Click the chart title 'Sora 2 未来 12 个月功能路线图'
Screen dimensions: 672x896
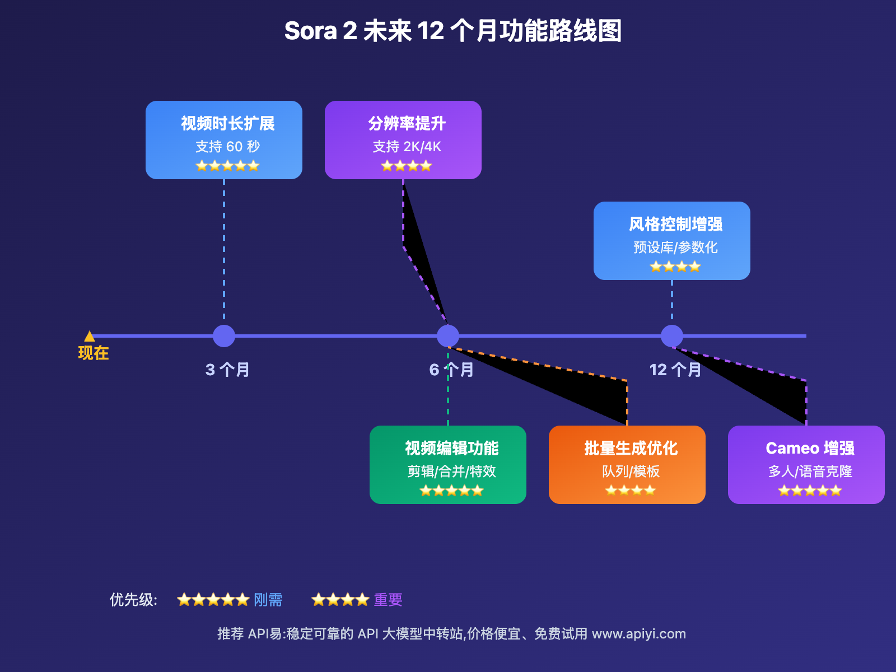(452, 31)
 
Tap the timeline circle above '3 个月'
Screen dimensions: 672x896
(224, 336)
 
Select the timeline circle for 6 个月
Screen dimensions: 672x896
(448, 336)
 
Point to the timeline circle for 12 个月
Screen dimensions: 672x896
(672, 336)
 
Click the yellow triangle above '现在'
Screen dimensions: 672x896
(90, 336)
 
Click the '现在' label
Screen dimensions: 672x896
(94, 353)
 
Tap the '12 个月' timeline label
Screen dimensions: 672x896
(675, 370)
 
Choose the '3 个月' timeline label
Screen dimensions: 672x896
(227, 370)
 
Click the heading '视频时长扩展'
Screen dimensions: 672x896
(227, 123)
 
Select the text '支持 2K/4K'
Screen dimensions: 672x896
(407, 147)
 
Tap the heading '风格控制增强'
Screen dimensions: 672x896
(675, 224)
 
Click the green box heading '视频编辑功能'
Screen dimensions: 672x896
(451, 448)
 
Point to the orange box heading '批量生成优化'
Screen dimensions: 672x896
(631, 448)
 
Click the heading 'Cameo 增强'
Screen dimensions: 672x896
(810, 448)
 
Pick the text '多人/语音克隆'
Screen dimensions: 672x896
(810, 472)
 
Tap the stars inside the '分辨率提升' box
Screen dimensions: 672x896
(407, 166)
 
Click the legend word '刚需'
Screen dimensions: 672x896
(268, 600)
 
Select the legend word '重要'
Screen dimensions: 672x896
(388, 600)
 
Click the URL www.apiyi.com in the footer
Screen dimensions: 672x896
(638, 634)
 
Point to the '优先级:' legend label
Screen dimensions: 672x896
(133, 600)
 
